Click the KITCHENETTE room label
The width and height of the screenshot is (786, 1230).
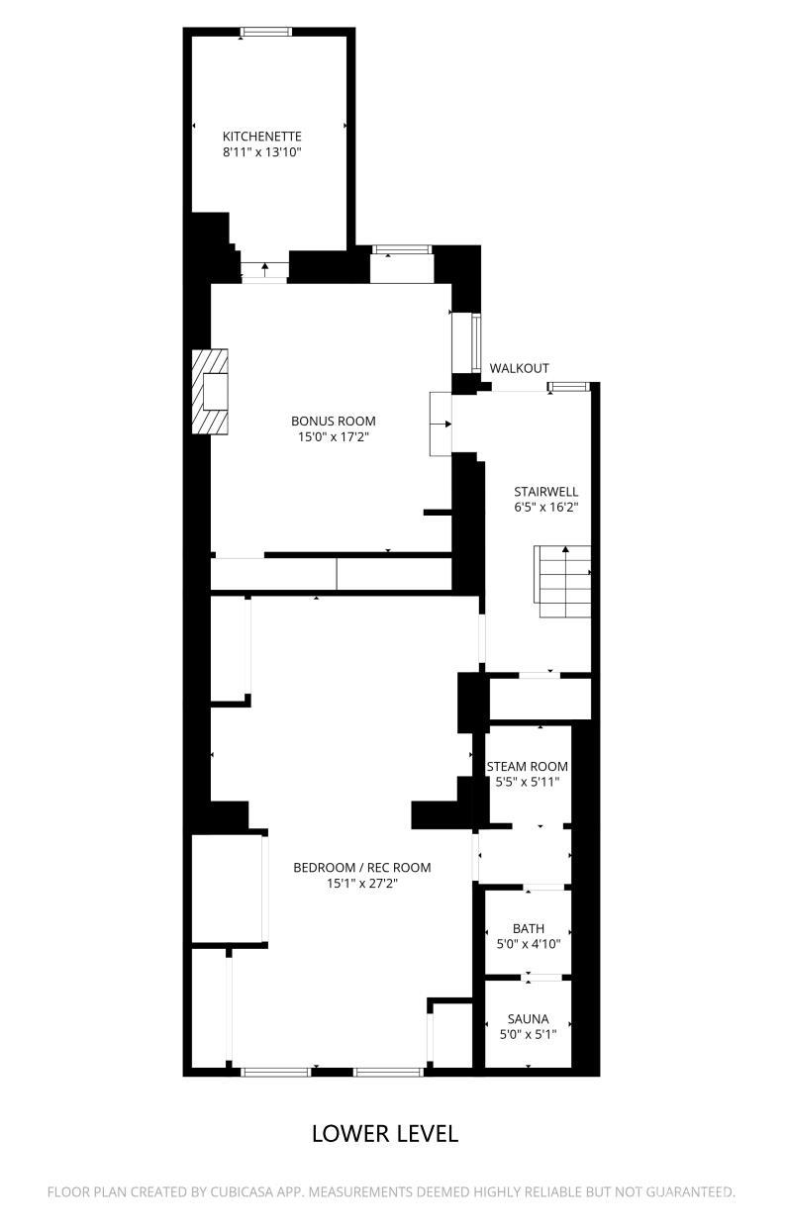click(261, 137)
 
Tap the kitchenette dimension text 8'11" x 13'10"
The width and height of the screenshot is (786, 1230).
click(262, 152)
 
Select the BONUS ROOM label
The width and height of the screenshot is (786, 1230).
click(334, 422)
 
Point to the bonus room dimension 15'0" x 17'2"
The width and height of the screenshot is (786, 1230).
click(334, 437)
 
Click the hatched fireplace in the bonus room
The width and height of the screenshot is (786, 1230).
click(209, 392)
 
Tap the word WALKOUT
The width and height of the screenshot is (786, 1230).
click(519, 368)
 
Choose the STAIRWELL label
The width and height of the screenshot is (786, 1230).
click(546, 492)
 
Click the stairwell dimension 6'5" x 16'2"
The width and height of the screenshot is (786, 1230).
click(546, 507)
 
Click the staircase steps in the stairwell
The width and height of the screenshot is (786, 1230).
click(563, 582)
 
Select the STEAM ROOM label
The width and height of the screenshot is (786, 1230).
click(528, 767)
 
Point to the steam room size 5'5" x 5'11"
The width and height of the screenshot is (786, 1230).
click(528, 782)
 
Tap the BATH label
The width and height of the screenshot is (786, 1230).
click(529, 928)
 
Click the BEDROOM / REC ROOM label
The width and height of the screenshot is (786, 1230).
click(362, 868)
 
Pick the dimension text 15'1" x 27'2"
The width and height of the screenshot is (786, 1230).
click(362, 884)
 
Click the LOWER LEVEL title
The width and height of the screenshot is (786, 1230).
click(385, 1134)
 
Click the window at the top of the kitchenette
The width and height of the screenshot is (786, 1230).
click(266, 32)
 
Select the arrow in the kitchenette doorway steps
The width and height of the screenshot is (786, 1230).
click(265, 269)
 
